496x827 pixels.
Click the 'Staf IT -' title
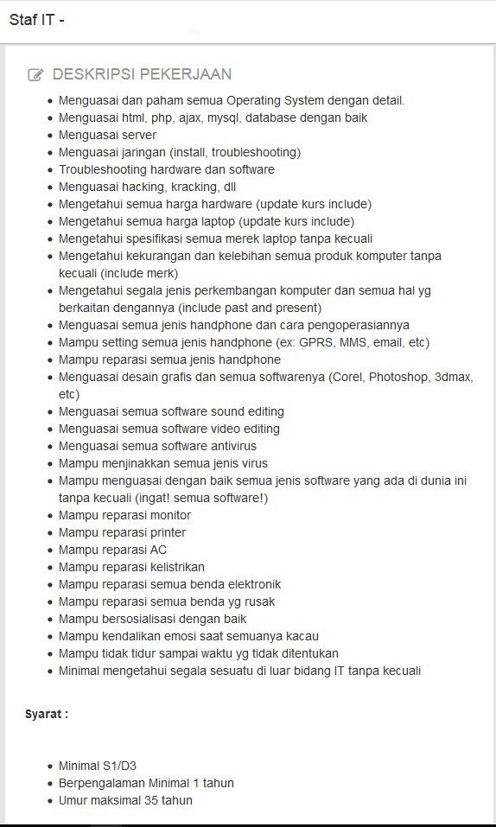[x=37, y=21]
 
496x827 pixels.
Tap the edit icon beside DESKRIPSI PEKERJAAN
[x=35, y=75]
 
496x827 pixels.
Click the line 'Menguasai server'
[x=107, y=135]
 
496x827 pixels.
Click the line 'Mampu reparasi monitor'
[x=124, y=515]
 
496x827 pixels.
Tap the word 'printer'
[x=167, y=532]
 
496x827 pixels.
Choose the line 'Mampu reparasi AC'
[x=112, y=550]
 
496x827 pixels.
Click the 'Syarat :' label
[x=47, y=714]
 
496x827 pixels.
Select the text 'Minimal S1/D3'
[x=98, y=766]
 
